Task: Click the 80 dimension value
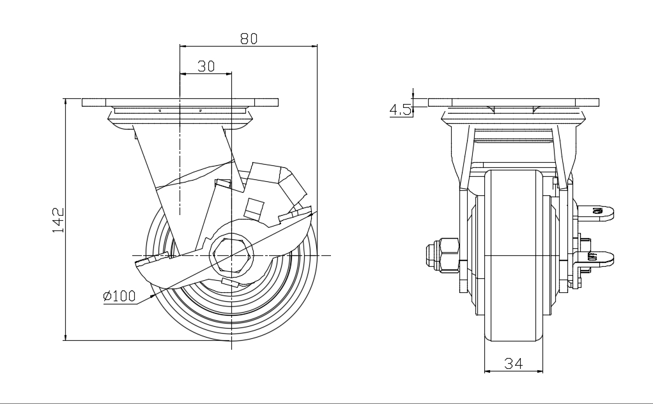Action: pyautogui.click(x=249, y=38)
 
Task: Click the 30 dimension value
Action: pyautogui.click(x=206, y=66)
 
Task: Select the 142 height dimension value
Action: pyautogui.click(x=58, y=220)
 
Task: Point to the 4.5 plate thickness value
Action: pyautogui.click(x=400, y=110)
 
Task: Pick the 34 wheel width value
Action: pyautogui.click(x=514, y=363)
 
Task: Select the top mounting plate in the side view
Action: pyautogui.click(x=181, y=102)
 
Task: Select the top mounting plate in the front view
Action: pyautogui.click(x=514, y=102)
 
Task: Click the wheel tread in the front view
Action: pyautogui.click(x=513, y=255)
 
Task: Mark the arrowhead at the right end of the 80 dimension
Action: pyautogui.click(x=315, y=46)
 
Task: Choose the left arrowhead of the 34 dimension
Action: pyautogui.click(x=487, y=371)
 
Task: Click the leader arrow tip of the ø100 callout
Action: pyautogui.click(x=153, y=295)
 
